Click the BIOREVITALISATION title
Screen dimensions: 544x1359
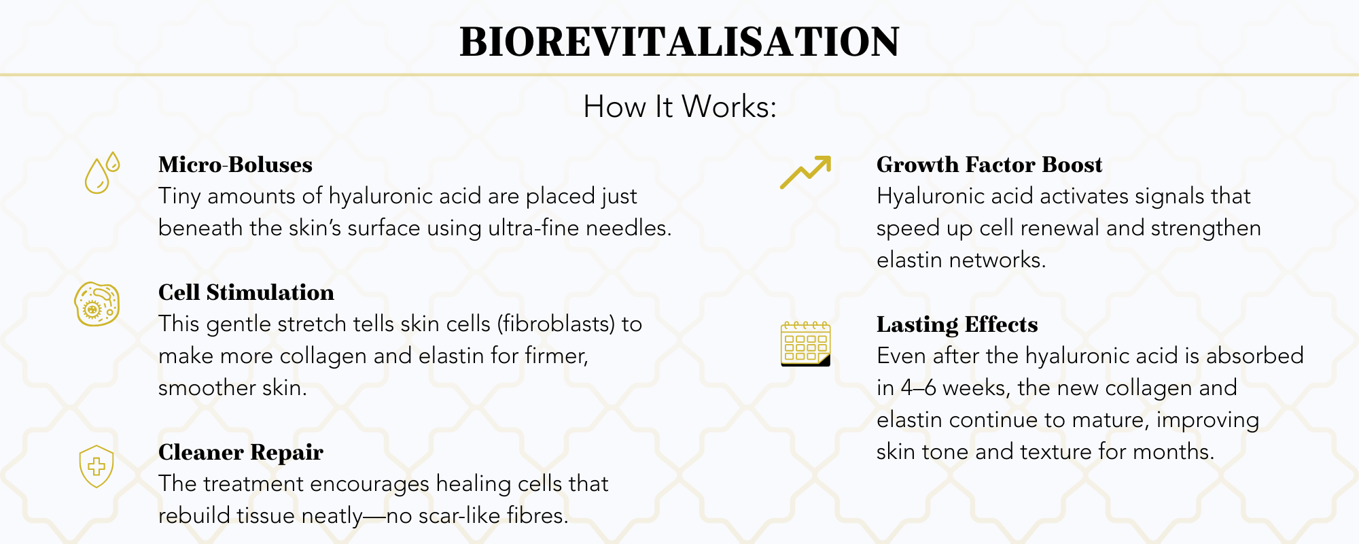[679, 42]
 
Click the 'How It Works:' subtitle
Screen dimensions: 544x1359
[679, 107]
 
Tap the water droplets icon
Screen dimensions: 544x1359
[101, 173]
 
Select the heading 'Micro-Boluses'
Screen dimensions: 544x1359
[235, 165]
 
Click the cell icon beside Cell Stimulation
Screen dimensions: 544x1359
[97, 304]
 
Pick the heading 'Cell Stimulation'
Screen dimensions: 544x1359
[246, 292]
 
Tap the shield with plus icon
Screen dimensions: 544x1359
[96, 466]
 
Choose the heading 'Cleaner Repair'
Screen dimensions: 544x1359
[241, 452]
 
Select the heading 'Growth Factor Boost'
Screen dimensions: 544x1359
[989, 165]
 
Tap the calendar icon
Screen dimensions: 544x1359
[805, 344]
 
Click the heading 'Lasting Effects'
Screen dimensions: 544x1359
[957, 324]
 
